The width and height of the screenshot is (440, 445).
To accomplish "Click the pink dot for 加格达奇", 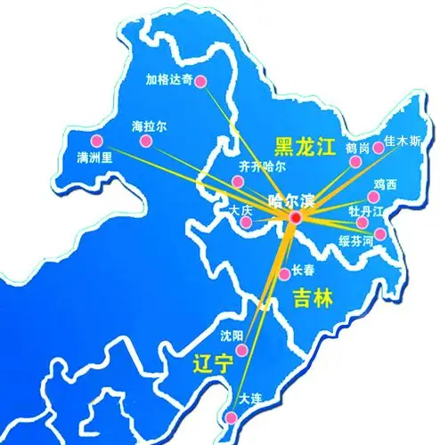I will click(201, 82).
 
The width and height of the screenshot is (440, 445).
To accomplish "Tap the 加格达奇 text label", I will click(167, 77).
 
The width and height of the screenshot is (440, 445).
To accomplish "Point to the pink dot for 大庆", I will click(245, 222).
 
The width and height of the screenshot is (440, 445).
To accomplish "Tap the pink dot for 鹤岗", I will click(356, 162).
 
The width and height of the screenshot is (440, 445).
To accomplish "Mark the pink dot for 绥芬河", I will click(380, 234).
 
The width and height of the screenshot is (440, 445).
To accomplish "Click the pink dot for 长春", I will click(284, 273).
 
